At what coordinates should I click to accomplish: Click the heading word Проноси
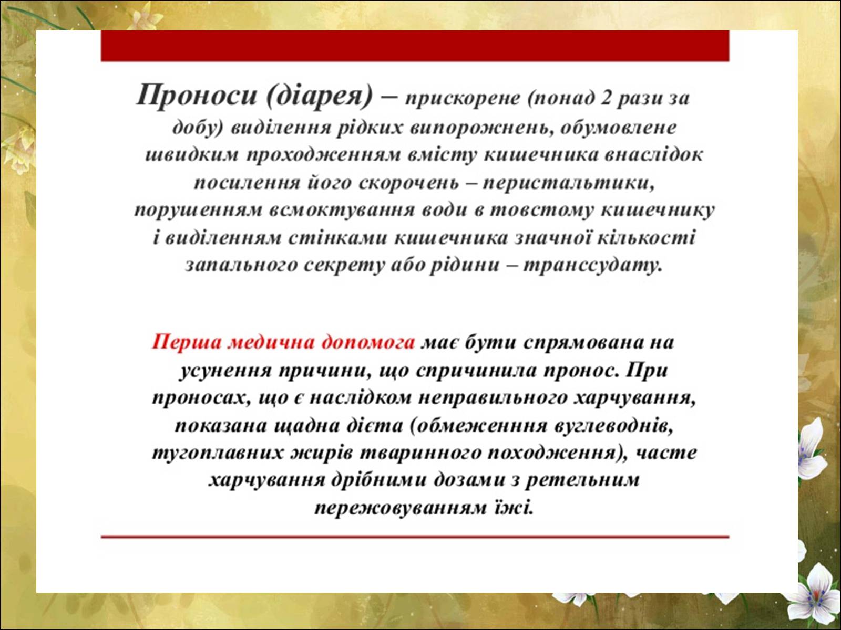(196, 95)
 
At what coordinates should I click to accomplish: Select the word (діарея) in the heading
(319, 96)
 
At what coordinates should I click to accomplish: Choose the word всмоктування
(342, 211)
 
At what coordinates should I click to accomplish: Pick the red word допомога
(368, 342)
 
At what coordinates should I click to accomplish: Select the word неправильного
(493, 398)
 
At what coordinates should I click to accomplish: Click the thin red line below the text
(415, 537)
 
